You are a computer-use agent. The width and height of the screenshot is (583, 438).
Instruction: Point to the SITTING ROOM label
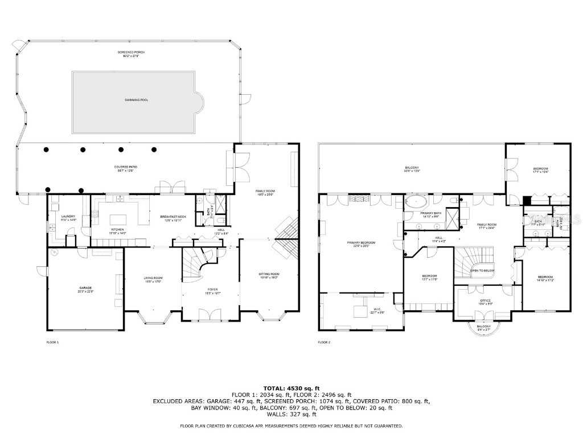(269, 275)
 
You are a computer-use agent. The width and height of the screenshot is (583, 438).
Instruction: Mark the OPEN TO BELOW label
(482, 271)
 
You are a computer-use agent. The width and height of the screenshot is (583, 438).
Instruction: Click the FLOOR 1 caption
(52, 342)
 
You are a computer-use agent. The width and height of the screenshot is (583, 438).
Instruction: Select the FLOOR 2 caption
(324, 342)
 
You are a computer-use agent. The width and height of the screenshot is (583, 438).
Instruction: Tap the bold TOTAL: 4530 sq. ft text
(291, 388)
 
